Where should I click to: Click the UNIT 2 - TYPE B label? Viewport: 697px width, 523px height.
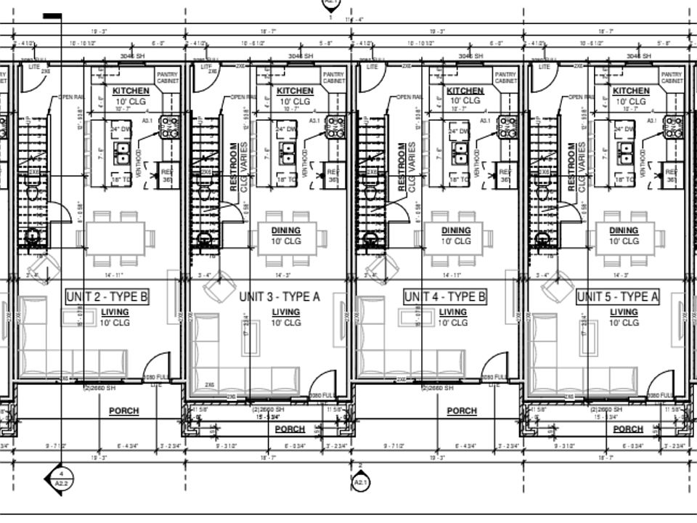[107, 296]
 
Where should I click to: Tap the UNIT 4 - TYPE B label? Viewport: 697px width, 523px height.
[445, 296]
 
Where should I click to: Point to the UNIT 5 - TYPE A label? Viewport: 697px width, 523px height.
[618, 296]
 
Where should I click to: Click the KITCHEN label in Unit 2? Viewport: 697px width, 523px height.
[131, 91]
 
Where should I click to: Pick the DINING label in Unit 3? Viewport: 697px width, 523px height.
[286, 230]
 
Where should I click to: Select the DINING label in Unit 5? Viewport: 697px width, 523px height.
[624, 230]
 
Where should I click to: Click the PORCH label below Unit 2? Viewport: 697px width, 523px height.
[123, 411]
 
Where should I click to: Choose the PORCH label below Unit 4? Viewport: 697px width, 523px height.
[462, 411]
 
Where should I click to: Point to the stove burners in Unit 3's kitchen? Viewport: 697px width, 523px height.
[335, 126]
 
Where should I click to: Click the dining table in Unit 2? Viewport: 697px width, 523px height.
[120, 237]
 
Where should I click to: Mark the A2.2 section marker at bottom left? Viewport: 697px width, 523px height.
[62, 479]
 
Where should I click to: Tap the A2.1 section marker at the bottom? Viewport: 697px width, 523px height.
[361, 480]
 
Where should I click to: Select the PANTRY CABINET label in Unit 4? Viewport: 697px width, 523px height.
[505, 78]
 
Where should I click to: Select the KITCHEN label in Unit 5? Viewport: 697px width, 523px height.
[631, 91]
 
